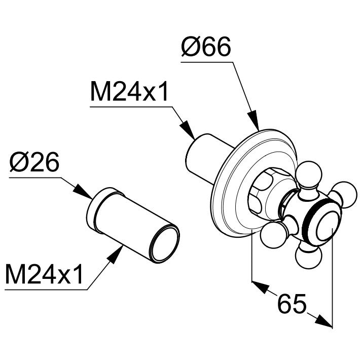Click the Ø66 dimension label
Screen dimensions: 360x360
206,48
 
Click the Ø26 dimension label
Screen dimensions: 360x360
34,163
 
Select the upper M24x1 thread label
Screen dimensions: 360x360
129,93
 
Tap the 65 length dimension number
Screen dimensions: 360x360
293,304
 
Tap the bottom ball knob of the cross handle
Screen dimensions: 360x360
307,256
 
